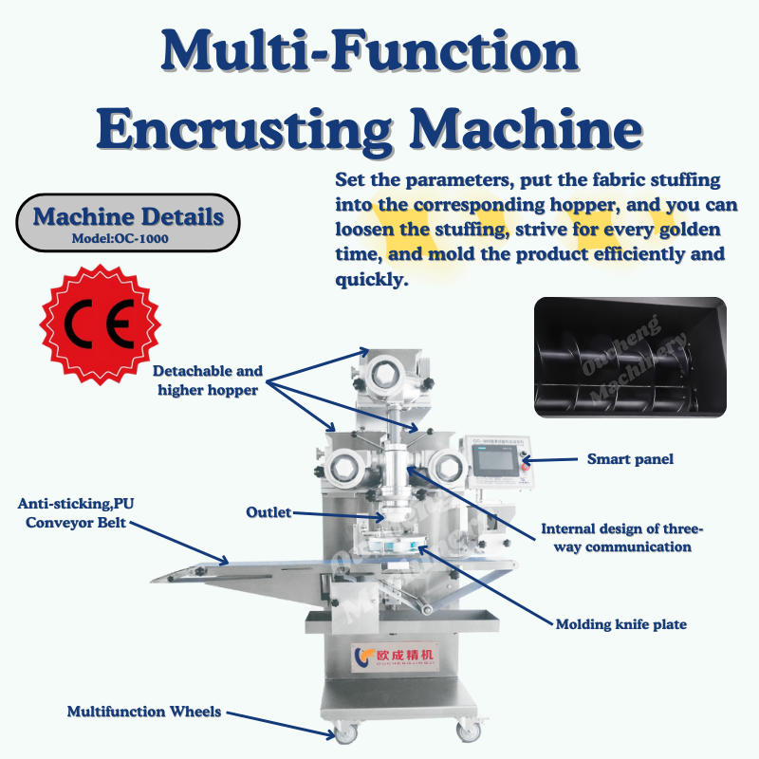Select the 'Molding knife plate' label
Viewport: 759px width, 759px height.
pos(620,623)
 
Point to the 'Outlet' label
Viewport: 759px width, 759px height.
pos(268,512)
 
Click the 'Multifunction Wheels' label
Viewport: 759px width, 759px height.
pos(144,711)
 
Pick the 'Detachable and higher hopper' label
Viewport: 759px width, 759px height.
pos(208,379)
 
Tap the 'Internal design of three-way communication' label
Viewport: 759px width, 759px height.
pos(622,537)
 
